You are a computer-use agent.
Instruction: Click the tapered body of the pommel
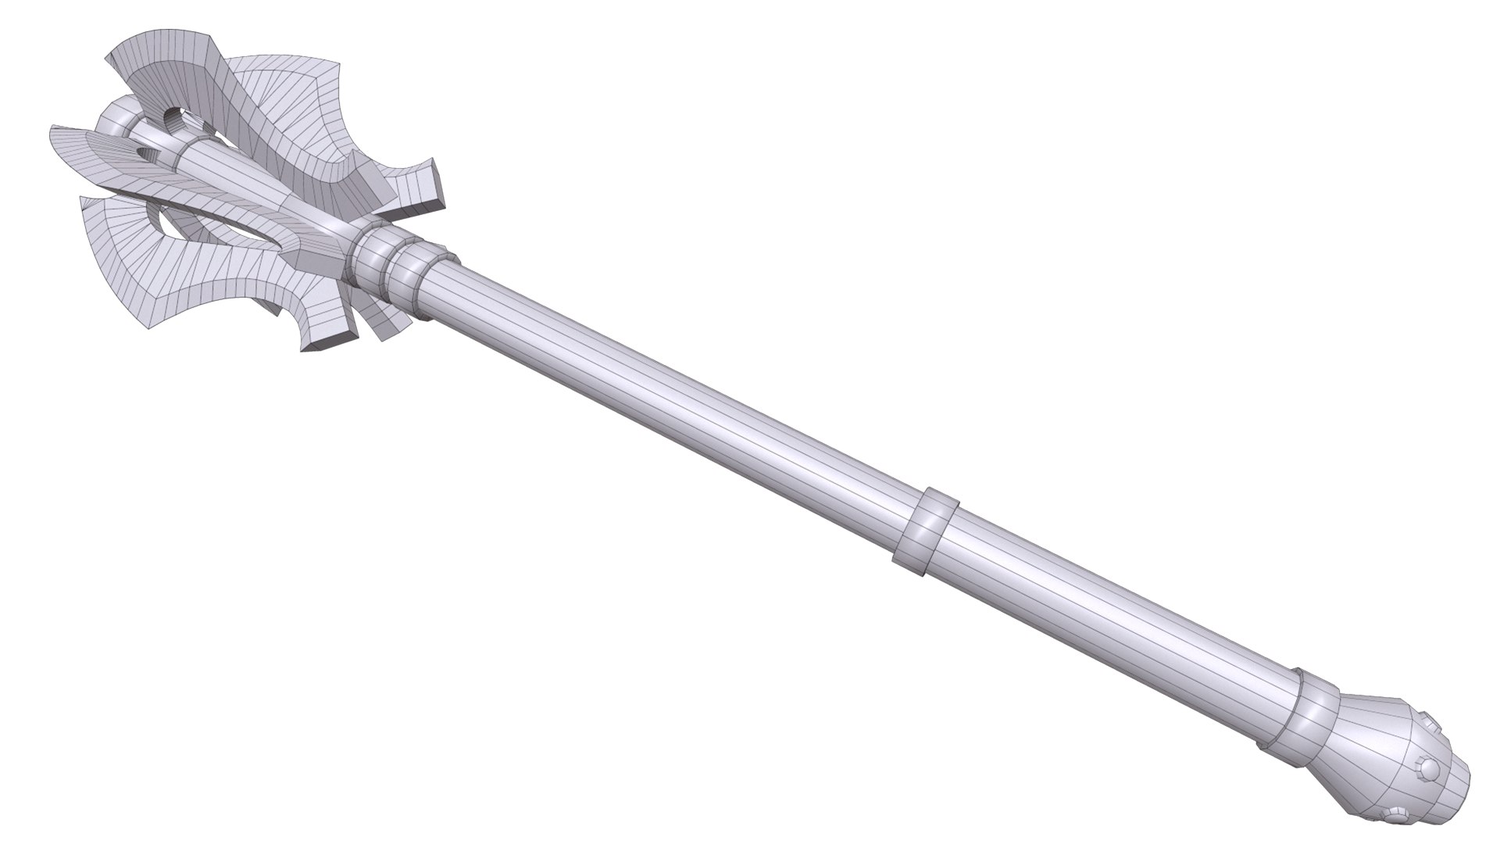1375,750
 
